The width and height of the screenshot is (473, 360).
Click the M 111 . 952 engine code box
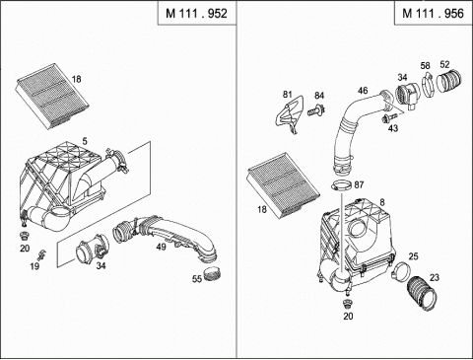197,13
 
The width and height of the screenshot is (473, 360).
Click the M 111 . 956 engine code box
434,13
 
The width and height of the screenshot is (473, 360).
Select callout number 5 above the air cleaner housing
85,141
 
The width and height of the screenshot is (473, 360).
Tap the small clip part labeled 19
41,254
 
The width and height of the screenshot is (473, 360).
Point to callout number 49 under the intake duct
161,247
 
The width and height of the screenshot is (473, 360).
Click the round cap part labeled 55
212,274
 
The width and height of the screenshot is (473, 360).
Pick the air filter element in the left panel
52,96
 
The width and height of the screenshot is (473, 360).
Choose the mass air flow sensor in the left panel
93,250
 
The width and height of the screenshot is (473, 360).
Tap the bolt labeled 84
316,109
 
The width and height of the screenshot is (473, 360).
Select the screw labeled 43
389,117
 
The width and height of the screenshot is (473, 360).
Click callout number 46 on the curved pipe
363,91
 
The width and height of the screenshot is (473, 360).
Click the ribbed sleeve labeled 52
449,81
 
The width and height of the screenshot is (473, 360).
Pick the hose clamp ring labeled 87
341,186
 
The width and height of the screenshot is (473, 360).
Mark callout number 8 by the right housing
382,202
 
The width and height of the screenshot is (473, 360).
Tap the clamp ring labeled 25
401,271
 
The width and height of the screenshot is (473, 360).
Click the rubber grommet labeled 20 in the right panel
347,304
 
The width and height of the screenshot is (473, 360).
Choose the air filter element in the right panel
283,185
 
